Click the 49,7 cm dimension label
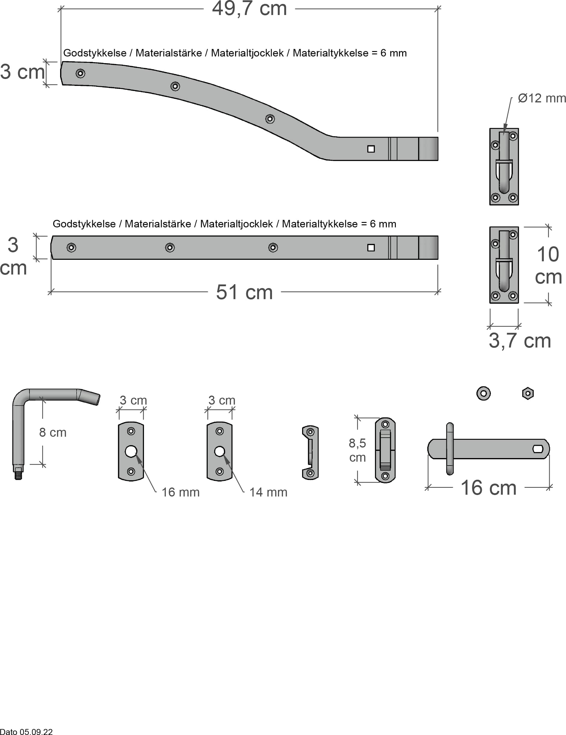249,9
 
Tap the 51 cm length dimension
244,292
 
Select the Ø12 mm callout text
541,98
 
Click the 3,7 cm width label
519,341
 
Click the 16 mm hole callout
180,492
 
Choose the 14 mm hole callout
268,492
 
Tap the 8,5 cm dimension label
357,450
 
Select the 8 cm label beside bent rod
53,433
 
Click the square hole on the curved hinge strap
371,149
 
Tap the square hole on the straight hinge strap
371,248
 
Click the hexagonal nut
528,393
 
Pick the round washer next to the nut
483,393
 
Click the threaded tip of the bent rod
18,475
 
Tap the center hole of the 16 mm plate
131,451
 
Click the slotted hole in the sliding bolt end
538,449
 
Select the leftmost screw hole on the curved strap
80,73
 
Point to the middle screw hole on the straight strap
170,248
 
